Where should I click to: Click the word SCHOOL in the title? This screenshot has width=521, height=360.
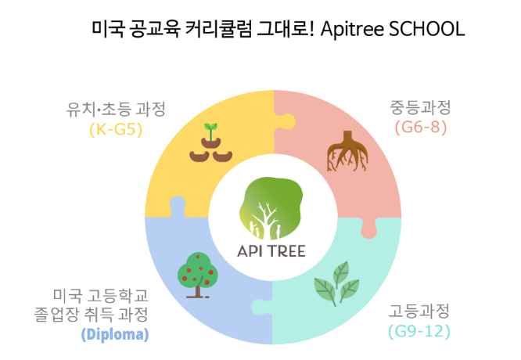pyautogui.click(x=426, y=29)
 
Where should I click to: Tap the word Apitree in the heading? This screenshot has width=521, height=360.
pyautogui.click(x=352, y=30)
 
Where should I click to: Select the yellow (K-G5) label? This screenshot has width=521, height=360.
pyautogui.click(x=116, y=129)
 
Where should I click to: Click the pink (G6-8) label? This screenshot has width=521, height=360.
pyautogui.click(x=421, y=128)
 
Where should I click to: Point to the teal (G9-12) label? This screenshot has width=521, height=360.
pyautogui.click(x=419, y=331)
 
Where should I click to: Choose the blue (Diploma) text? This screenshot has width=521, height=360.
pyautogui.click(x=115, y=334)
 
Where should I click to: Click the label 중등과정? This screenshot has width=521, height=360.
pyautogui.click(x=420, y=107)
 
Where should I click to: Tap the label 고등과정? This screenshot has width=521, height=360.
pyautogui.click(x=419, y=311)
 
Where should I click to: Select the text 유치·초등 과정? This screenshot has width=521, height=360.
pyautogui.click(x=116, y=109)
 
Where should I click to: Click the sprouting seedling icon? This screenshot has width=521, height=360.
pyautogui.click(x=210, y=143)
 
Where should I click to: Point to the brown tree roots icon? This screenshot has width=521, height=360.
pyautogui.click(x=347, y=151)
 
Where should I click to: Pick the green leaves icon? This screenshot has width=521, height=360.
pyautogui.click(x=336, y=283)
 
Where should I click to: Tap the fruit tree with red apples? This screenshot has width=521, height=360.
pyautogui.click(x=197, y=275)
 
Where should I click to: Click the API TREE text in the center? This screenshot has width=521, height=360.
pyautogui.click(x=271, y=251)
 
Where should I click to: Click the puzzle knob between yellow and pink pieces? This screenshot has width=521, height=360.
pyautogui.click(x=286, y=121)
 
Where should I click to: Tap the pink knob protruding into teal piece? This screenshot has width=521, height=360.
pyautogui.click(x=368, y=229)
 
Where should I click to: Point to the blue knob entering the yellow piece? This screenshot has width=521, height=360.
pyautogui.click(x=178, y=206)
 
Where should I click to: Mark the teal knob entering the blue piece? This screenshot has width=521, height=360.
pyautogui.click(x=261, y=307)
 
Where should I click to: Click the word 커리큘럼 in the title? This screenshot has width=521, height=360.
pyautogui.click(x=217, y=29)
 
